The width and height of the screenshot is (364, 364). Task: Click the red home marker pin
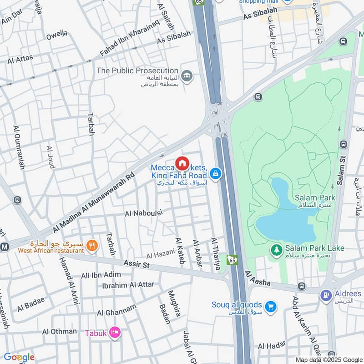point(182,163)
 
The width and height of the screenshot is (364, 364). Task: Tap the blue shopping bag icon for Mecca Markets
point(216,174)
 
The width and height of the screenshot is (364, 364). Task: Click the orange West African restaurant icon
point(92,246)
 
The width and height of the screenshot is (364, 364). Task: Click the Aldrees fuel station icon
point(326,295)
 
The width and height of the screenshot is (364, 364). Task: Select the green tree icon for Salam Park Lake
point(276,249)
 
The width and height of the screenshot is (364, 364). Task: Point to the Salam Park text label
point(315,197)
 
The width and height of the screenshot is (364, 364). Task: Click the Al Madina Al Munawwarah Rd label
point(94,201)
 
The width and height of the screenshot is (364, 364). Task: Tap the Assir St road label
point(136,264)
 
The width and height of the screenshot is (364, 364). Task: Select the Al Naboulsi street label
point(143,212)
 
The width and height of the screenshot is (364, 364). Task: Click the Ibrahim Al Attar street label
point(128,285)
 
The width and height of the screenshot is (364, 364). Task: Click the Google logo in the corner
point(19,357)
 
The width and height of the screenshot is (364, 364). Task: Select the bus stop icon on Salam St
point(343,144)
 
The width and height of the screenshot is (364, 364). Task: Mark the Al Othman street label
point(60,331)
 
